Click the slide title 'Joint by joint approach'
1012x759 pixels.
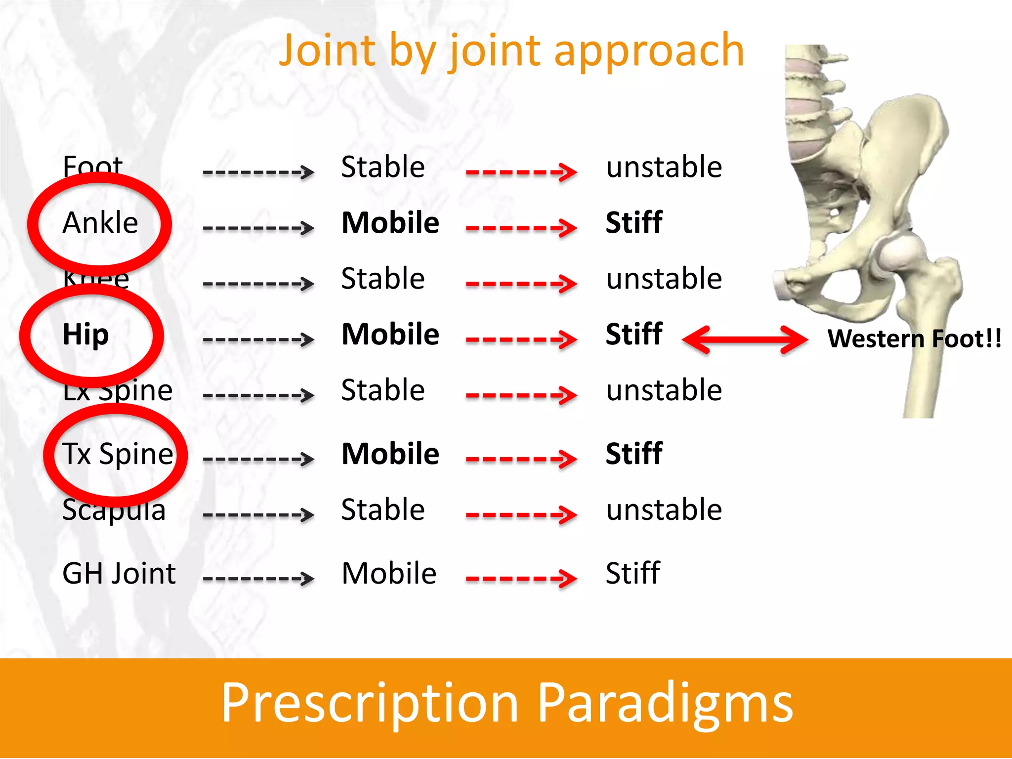tap(511, 51)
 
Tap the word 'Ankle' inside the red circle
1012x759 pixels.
tap(100, 223)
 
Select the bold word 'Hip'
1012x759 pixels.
tap(85, 335)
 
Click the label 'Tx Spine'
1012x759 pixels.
tap(118, 454)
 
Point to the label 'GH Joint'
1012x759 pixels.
tap(119, 574)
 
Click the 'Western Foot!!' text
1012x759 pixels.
tap(914, 339)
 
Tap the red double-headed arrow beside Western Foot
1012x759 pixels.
tap(745, 339)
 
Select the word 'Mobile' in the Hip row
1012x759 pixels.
tap(390, 335)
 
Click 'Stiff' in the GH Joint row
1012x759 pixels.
tap(632, 574)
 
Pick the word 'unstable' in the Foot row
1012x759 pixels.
tap(664, 167)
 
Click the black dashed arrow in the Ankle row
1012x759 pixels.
tap(258, 228)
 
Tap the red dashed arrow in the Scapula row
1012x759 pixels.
tap(521, 515)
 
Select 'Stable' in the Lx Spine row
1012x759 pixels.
tap(383, 390)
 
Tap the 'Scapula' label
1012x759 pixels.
tap(114, 510)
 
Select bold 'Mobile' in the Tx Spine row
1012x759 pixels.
tap(390, 454)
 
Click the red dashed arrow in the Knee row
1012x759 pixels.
tap(521, 284)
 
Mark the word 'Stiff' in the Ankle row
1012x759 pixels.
tap(634, 223)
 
